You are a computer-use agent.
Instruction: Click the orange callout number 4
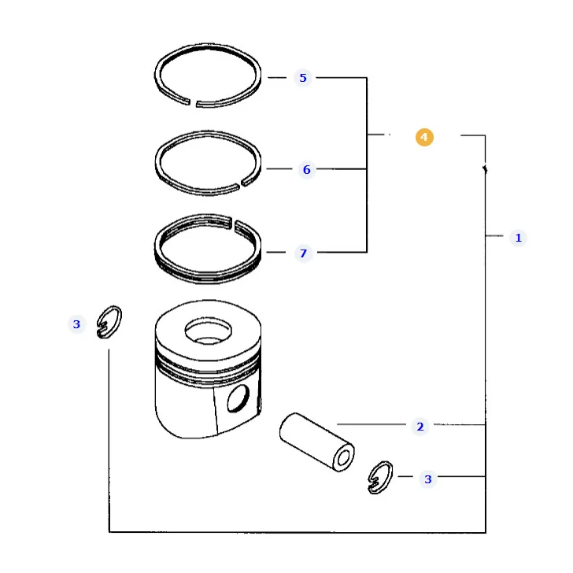[x=424, y=138]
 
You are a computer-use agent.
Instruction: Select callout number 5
[x=303, y=78]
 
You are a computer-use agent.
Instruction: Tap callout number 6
[x=307, y=169]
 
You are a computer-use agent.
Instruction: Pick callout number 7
[x=303, y=253]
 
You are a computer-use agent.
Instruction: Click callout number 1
[x=518, y=238]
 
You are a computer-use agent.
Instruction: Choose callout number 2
[x=420, y=427]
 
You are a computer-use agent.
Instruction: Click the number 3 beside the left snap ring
[x=76, y=324]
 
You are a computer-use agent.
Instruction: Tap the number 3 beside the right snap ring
[x=428, y=479]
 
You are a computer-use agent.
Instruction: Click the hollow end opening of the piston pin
[x=343, y=458]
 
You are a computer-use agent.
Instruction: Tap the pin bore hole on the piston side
[x=238, y=398]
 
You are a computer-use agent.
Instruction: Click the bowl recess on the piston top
[x=208, y=331]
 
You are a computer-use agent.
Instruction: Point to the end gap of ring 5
[x=193, y=102]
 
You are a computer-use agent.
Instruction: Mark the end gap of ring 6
[x=241, y=183]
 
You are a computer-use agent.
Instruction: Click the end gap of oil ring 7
[x=233, y=223]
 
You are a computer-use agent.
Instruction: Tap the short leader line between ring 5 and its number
[x=277, y=77]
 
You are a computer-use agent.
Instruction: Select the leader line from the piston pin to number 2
[x=372, y=424]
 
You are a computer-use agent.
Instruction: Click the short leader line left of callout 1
[x=494, y=235]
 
